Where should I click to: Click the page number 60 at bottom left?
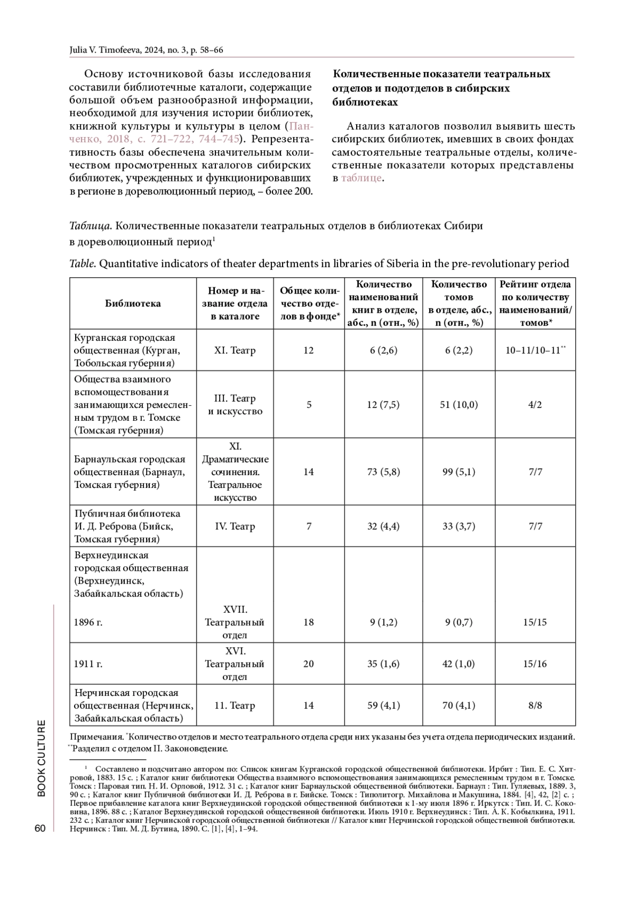pos(40,829)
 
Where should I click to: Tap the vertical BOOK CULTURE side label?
pos(41,758)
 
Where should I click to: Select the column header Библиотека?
pos(133,303)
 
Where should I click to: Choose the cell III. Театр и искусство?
pos(235,405)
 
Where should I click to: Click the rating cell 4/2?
pos(534,405)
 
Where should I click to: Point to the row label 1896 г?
pos(88,622)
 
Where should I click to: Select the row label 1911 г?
pos(88,664)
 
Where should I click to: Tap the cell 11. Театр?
pos(235,705)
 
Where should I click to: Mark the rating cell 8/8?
pos(534,705)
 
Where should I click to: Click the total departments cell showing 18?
pos(309,622)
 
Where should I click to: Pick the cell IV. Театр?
pos(235,527)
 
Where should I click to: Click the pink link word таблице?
pos(361,178)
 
